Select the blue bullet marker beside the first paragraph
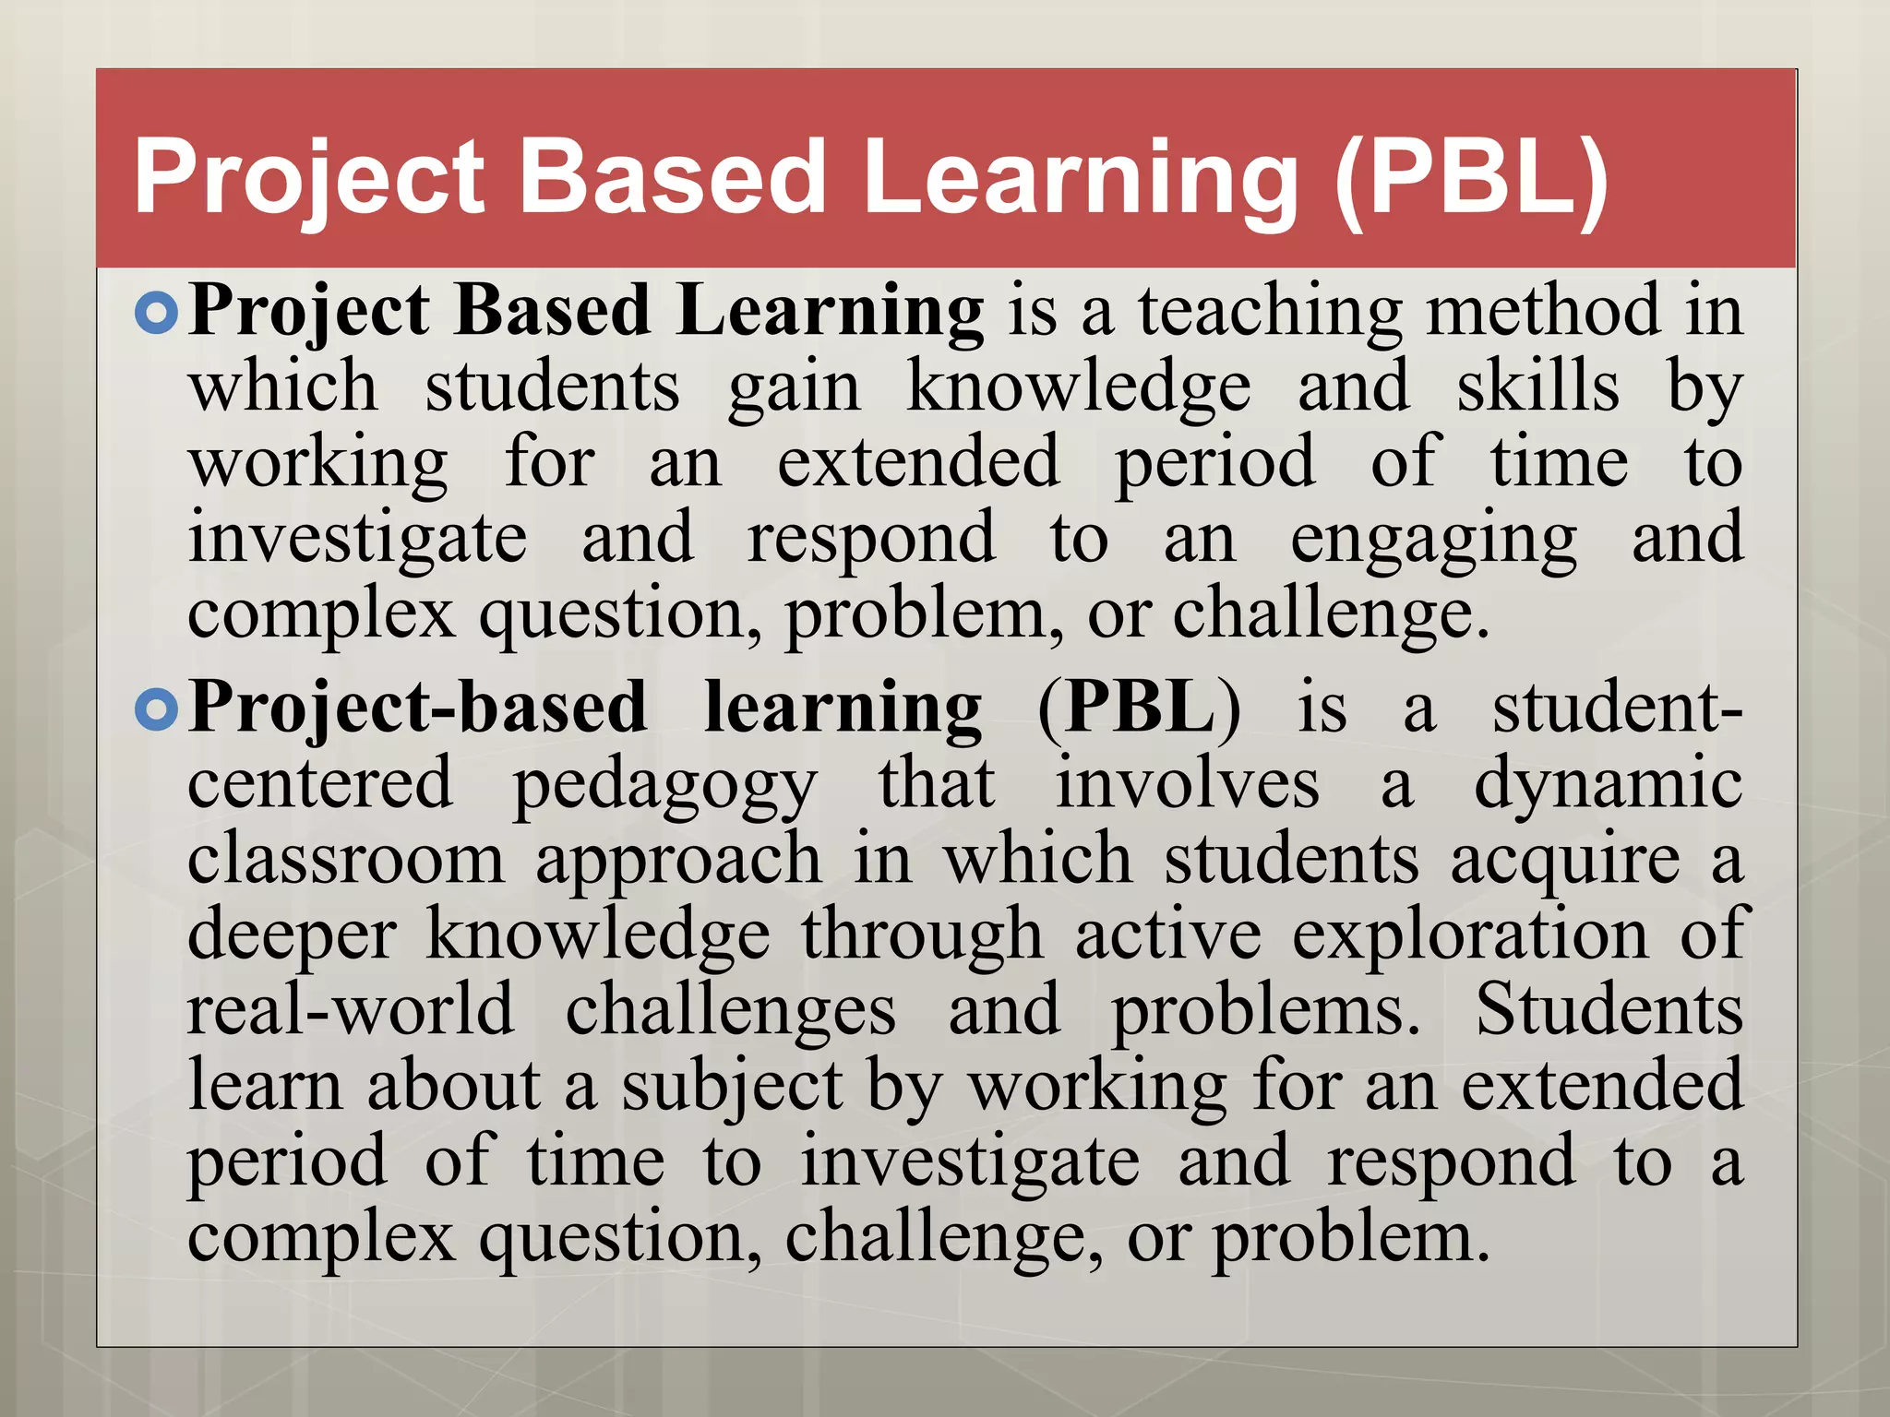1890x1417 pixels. [156, 314]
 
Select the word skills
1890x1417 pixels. [1537, 387]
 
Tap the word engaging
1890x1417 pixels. [1433, 540]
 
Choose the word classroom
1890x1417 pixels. [346, 860]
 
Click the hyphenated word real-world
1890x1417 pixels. [351, 1010]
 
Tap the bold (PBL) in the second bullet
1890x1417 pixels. [1140, 708]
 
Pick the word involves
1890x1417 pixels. [1187, 784]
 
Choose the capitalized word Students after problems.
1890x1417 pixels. [1609, 1010]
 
